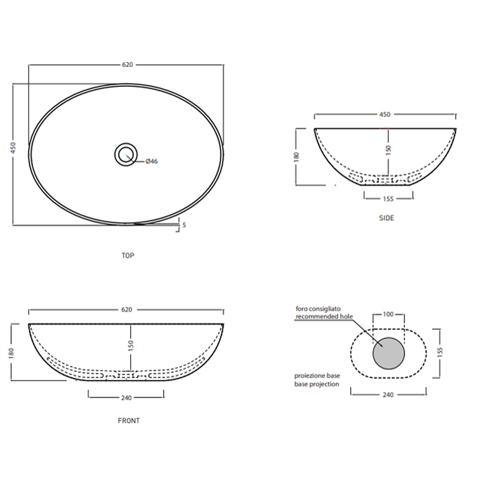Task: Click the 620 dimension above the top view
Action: point(127,65)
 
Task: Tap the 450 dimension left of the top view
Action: point(13,148)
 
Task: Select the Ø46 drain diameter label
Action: point(152,161)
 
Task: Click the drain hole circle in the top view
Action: point(126,154)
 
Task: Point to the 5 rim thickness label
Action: point(184,225)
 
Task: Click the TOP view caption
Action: point(128,255)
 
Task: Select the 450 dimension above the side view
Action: point(385,115)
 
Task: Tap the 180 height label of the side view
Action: point(296,157)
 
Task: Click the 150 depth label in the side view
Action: point(388,150)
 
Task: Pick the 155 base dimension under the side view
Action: point(388,199)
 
